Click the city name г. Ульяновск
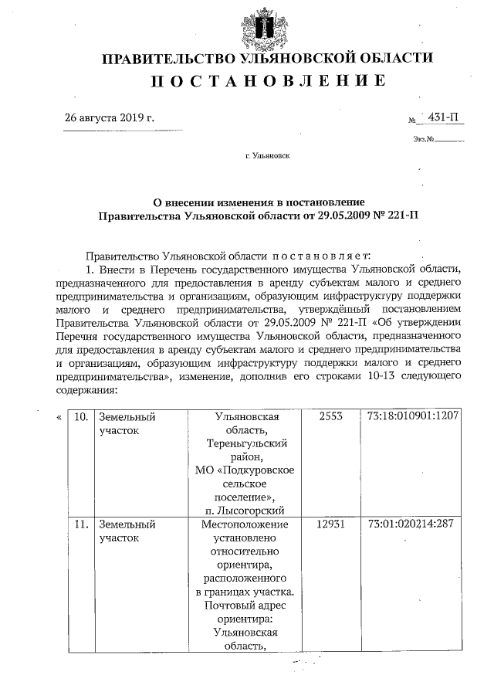[267, 156]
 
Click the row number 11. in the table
[80, 524]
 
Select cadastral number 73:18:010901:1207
[414, 416]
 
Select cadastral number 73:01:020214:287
[411, 524]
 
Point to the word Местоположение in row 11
[245, 524]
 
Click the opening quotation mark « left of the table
[59, 416]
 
